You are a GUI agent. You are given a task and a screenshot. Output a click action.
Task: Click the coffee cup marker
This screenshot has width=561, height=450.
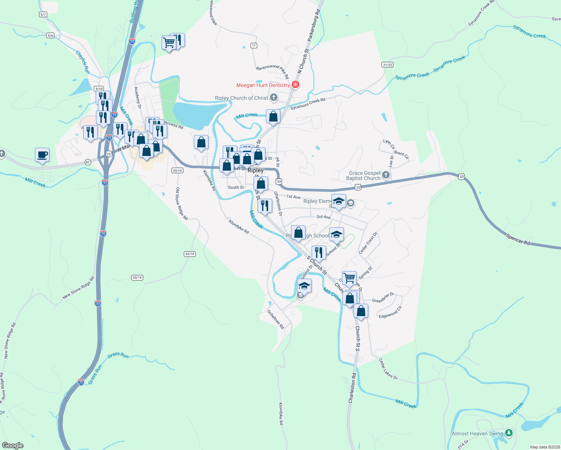pos(42,154)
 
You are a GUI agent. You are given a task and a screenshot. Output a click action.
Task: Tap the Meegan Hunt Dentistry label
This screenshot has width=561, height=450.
pos(263,85)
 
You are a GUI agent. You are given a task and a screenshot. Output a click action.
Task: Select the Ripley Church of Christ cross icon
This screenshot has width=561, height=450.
pos(274,98)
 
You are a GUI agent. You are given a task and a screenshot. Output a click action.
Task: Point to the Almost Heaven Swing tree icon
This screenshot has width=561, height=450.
pos(509,433)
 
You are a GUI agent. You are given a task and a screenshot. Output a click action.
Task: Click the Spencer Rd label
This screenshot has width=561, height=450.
pos(518,239)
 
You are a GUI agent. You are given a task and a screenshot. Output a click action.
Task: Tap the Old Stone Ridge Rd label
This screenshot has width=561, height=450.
pos(181,204)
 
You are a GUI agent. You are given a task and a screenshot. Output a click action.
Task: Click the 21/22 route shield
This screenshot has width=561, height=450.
pos(388,65)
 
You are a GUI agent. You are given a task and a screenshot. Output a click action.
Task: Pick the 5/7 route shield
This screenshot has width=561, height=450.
pos(43,15)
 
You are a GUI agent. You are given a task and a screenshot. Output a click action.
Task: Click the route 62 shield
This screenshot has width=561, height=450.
pos(88,162)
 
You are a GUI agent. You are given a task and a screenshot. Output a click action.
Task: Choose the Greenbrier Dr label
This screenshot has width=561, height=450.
pos(383,298)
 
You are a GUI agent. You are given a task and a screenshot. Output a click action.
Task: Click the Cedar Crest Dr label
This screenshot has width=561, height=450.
pos(368,243)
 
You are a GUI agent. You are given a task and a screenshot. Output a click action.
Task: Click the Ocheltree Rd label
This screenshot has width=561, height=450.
pos(276,319)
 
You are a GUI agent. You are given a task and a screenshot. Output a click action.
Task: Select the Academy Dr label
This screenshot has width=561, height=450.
pos(138,98)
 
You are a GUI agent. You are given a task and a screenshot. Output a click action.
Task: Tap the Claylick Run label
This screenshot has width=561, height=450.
pos(83,62)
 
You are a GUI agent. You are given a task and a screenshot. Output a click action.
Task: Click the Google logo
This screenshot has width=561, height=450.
pos(13,445)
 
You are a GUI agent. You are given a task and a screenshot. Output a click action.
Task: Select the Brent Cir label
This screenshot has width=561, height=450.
pos(401,154)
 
